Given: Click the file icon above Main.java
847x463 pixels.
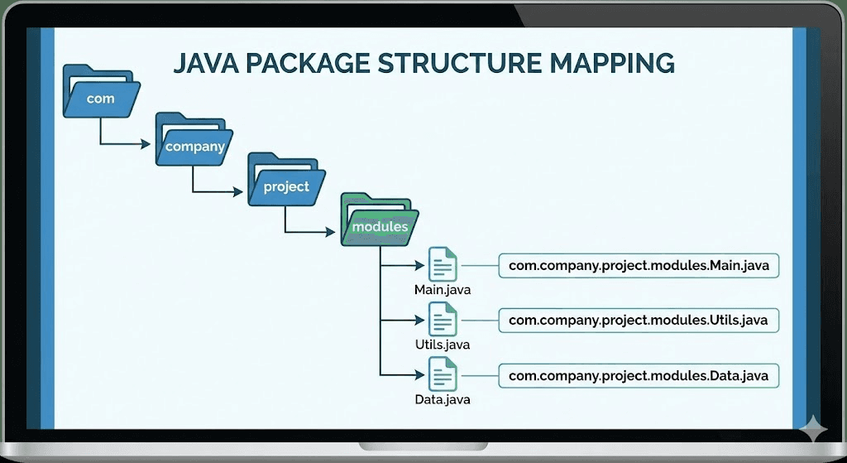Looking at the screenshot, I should [x=442, y=264].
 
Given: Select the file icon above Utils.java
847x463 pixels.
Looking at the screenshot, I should [x=442, y=319].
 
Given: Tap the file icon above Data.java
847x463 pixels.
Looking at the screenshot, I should [x=442, y=374].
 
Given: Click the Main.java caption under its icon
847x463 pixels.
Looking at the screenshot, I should [x=443, y=291].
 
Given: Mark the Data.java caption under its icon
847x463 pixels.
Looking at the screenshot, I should [x=443, y=401].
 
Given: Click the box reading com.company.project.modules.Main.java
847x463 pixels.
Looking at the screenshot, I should [x=639, y=266].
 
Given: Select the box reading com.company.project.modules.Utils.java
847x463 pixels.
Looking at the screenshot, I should [x=639, y=321].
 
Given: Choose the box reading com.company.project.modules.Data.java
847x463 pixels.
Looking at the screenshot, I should [x=639, y=375].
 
